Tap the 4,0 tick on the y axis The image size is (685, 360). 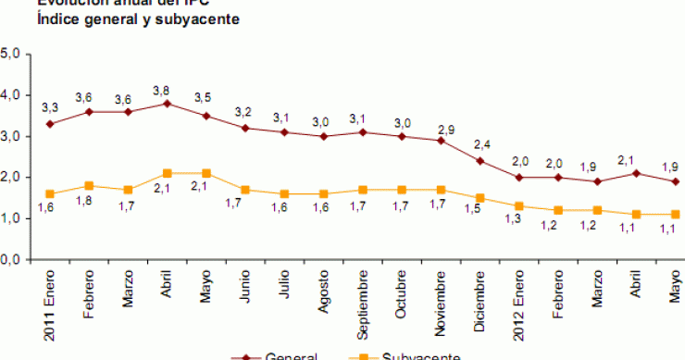click(x=12, y=94)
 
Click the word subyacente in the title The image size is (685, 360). click(x=182, y=19)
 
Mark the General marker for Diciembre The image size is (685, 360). click(x=481, y=160)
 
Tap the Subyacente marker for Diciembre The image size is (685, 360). click(x=481, y=197)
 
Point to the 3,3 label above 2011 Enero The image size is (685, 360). click(x=50, y=109)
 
